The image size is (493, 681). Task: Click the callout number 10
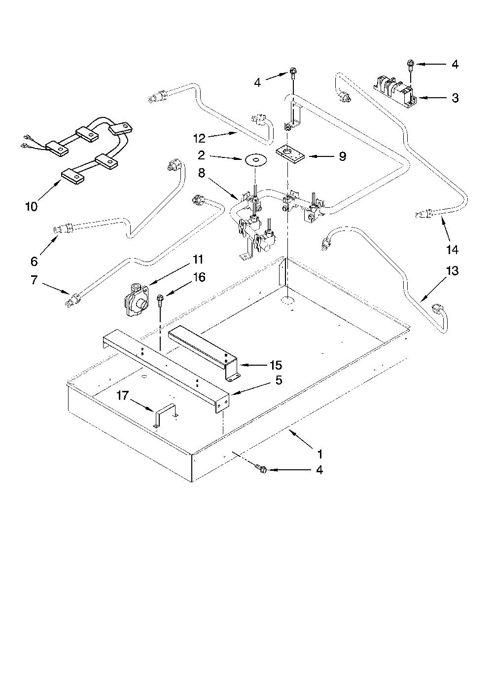[x=31, y=207]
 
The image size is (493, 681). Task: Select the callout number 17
[x=123, y=396]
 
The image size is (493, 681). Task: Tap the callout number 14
[x=452, y=250]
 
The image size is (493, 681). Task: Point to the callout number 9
[x=342, y=156]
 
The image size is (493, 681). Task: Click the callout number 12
[x=199, y=138]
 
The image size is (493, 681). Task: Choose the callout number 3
[x=455, y=98]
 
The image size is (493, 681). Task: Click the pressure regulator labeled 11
[x=137, y=300]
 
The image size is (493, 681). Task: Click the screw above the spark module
[x=410, y=65]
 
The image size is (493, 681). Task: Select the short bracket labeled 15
[x=204, y=352]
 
